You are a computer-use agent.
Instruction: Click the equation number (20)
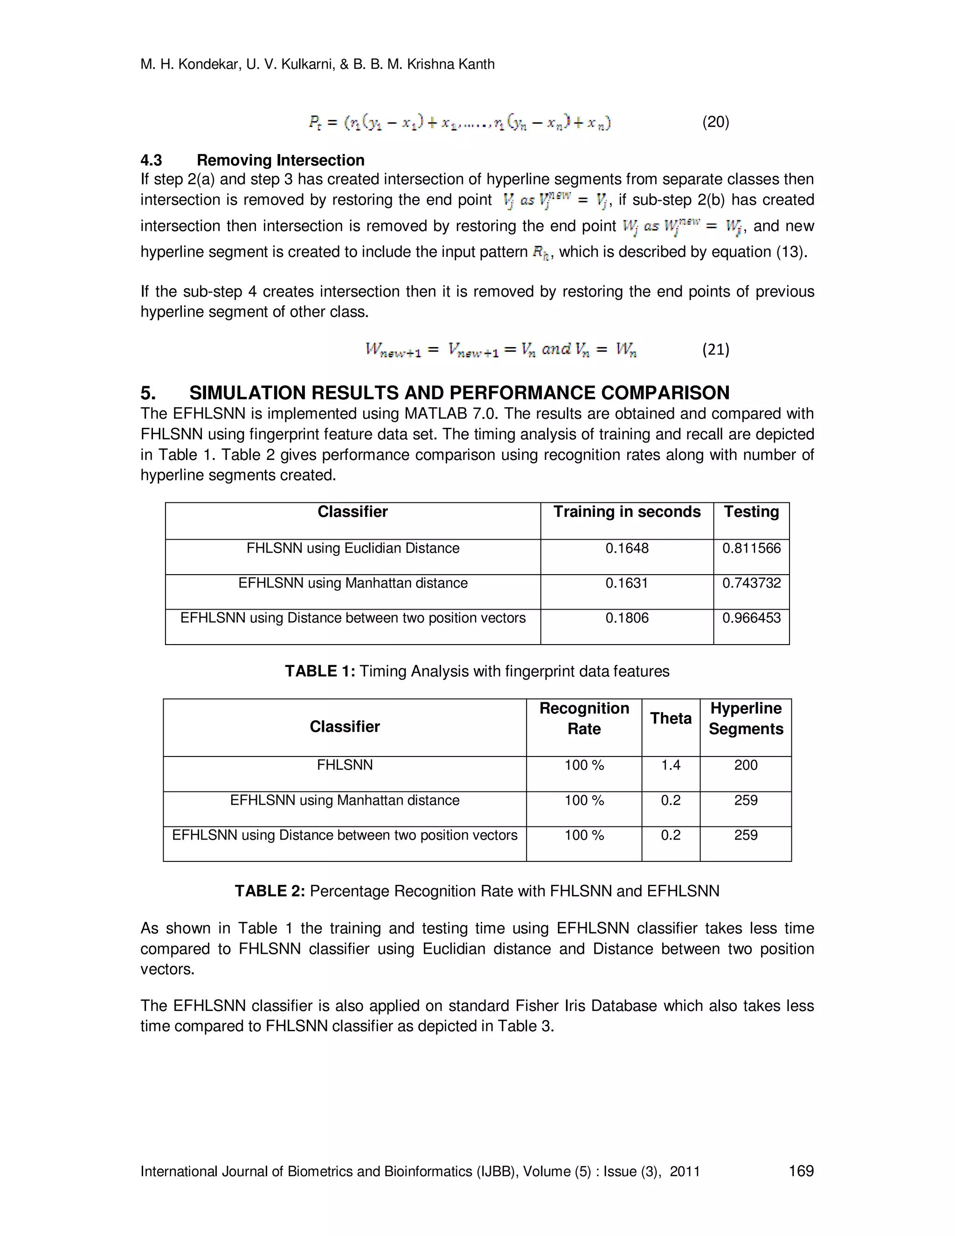point(715,122)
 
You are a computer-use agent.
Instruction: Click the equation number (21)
point(715,349)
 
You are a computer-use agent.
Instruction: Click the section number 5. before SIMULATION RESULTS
point(148,393)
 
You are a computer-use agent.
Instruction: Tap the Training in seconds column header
point(626,512)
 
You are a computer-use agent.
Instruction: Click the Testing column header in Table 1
point(751,512)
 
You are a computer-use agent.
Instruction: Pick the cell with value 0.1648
point(626,548)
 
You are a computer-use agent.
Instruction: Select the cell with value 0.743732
point(751,583)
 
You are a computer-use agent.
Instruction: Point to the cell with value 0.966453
point(751,618)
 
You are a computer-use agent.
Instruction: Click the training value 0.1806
point(626,618)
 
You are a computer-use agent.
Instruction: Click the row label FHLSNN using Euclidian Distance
point(353,548)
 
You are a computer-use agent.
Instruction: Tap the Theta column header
point(671,718)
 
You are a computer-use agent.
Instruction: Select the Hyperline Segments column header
point(746,718)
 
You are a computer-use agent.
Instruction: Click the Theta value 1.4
point(671,765)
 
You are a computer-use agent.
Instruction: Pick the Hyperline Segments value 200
point(746,765)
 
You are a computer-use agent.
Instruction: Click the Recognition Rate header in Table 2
point(584,718)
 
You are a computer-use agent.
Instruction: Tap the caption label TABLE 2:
point(270,891)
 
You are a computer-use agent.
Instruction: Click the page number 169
point(801,1171)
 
